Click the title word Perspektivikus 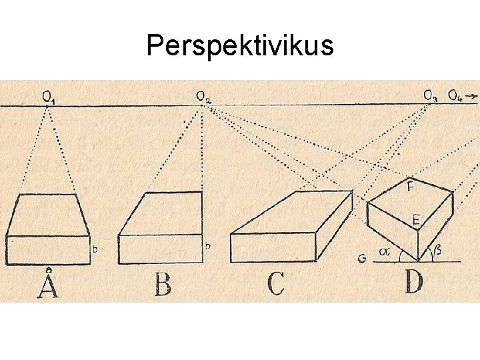(x=239, y=46)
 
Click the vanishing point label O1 (x=49, y=97)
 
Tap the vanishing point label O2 (x=204, y=98)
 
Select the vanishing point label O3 (x=431, y=97)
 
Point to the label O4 (x=455, y=97)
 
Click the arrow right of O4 (x=472, y=97)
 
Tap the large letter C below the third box (x=275, y=284)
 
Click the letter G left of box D (x=362, y=257)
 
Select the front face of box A (x=49, y=249)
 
